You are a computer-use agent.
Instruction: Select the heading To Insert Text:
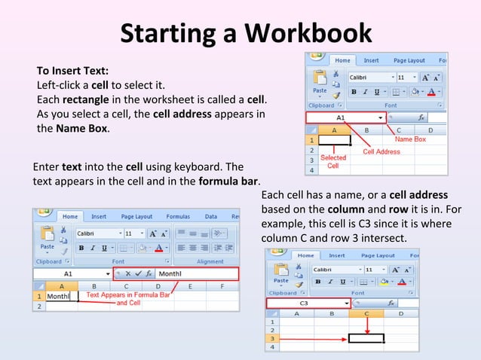72,71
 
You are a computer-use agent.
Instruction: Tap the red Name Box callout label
411,139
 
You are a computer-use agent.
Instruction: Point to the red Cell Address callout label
381,151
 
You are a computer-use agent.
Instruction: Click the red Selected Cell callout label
333,161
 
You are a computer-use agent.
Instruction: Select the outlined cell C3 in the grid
366,338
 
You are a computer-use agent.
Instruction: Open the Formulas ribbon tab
178,216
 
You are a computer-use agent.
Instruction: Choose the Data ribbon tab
211,216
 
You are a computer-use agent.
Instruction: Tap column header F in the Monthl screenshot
222,286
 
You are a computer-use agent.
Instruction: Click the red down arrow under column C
366,325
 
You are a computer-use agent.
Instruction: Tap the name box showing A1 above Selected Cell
341,117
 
